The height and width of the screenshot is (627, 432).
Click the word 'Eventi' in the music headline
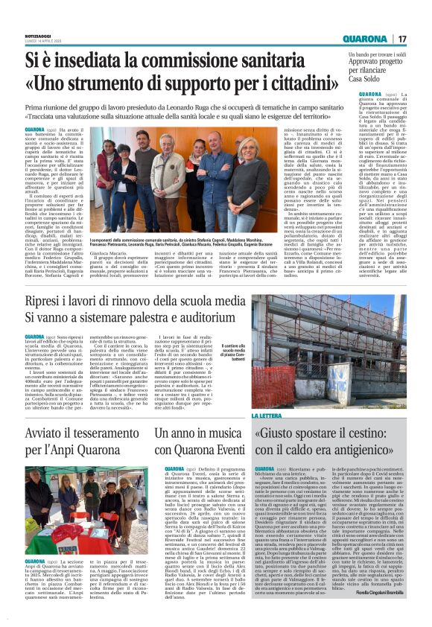tap(207, 449)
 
